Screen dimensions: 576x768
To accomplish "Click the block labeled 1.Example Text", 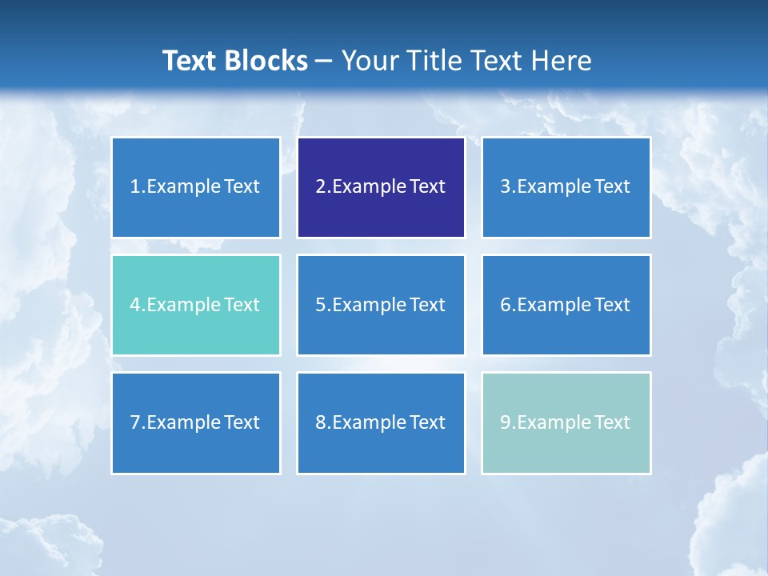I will [195, 187].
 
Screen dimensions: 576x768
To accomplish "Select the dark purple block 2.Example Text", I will [381, 187].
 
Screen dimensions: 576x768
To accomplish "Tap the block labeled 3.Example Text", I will [566, 187].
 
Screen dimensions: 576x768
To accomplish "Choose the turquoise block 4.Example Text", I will [195, 305].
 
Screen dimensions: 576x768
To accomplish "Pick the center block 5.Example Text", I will [381, 305].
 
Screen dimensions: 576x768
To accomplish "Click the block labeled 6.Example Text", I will [566, 305].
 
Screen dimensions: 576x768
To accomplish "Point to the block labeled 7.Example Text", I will [195, 422].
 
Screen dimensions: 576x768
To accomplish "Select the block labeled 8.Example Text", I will [381, 422].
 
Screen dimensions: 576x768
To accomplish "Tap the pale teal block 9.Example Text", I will [566, 422].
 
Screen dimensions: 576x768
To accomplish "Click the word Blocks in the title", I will [267, 61].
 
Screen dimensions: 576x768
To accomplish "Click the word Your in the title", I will [368, 61].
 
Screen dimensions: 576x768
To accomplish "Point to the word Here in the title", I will [563, 61].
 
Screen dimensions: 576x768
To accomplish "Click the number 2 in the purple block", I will [320, 187].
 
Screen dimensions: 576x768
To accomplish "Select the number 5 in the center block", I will [320, 305].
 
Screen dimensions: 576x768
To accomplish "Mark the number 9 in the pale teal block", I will [506, 422].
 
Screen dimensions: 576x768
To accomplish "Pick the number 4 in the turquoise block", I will [135, 305].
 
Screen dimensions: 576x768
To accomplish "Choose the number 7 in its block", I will [135, 422].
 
